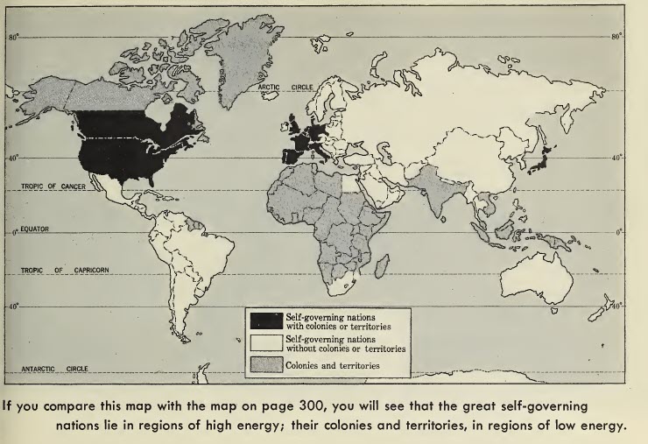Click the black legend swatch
click(266, 320)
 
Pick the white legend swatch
click(266, 342)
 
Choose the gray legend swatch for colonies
click(266, 365)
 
